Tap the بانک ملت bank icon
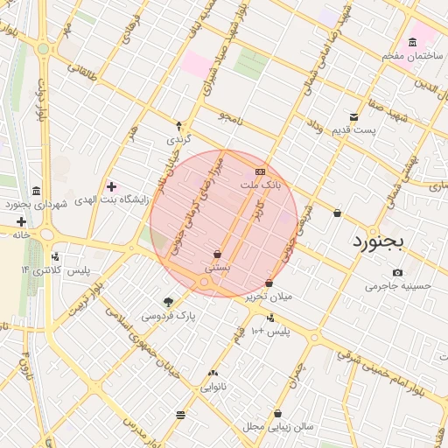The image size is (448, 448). [260, 171]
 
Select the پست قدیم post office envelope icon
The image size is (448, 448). [353, 116]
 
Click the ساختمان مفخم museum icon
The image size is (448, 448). [412, 43]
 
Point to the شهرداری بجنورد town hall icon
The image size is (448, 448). [35, 191]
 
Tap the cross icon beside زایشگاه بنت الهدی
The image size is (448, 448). [111, 185]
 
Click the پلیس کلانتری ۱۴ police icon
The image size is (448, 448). [56, 256]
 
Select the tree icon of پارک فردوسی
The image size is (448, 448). [168, 300]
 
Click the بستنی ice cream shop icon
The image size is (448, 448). [216, 254]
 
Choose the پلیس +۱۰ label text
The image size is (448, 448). [269, 332]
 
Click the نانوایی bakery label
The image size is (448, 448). [213, 386]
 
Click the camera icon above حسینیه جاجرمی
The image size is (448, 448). [399, 272]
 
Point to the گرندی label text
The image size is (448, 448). [178, 139]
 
